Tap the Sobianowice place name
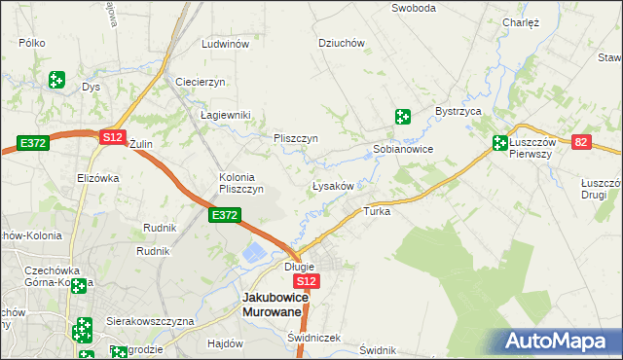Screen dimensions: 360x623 (x=403, y=150)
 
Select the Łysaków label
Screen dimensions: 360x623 (x=338, y=186)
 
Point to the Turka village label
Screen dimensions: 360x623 (x=377, y=211)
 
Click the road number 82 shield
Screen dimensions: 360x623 (x=582, y=142)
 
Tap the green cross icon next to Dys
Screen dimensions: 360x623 (x=57, y=79)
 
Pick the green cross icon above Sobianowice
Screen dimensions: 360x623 (x=403, y=118)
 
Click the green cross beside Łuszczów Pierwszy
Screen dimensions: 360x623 (x=500, y=142)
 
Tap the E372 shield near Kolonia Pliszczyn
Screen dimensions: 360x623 (x=224, y=215)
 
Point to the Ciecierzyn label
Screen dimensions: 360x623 (x=201, y=81)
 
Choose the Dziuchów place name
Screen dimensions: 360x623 (x=342, y=43)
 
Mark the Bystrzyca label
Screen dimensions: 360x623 (x=459, y=112)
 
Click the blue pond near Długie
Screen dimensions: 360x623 (x=253, y=254)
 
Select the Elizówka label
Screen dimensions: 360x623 (x=97, y=178)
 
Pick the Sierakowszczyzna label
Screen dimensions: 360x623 (x=151, y=320)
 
